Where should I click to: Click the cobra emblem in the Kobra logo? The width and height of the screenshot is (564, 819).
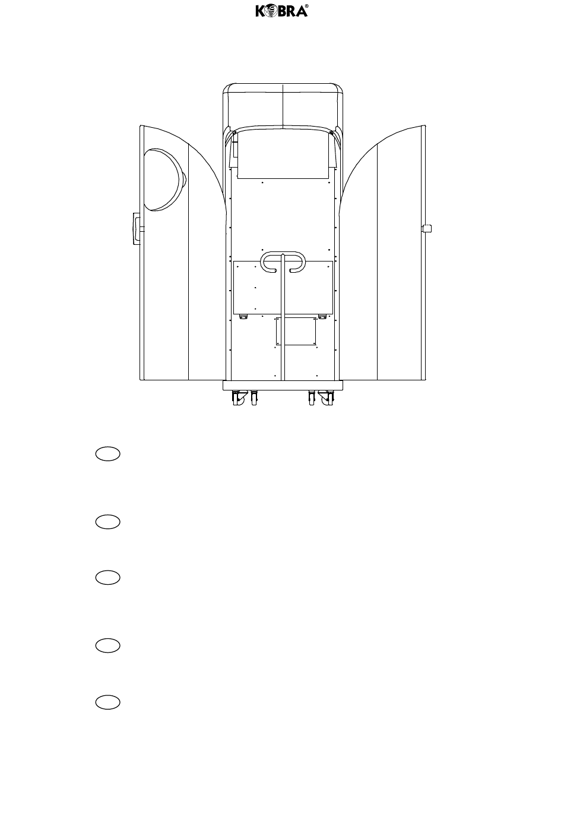click(271, 11)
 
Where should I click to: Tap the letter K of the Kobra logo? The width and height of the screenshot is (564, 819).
click(260, 11)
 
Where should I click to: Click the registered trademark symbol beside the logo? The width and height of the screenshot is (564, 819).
click(306, 6)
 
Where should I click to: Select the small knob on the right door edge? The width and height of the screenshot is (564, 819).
click(426, 228)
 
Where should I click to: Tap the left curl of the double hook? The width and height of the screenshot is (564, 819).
click(268, 262)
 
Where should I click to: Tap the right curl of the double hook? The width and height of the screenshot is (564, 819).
click(297, 262)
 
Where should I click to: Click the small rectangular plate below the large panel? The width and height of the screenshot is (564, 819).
click(296, 331)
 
